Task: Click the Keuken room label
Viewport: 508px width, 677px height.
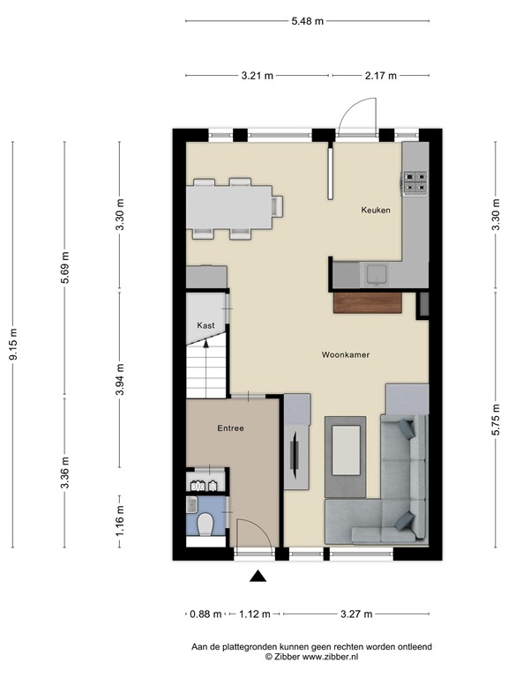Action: tap(375, 211)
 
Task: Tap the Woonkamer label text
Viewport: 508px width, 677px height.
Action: tap(345, 354)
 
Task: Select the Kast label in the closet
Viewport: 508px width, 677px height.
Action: tap(205, 325)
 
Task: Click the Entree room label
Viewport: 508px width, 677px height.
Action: tap(230, 428)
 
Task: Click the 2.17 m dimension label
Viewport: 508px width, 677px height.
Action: tap(380, 76)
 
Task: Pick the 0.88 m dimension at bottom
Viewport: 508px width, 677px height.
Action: tap(200, 614)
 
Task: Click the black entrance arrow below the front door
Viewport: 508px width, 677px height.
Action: tap(258, 577)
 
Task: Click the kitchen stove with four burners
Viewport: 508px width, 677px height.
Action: tap(415, 182)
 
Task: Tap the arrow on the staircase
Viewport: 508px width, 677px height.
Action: tap(205, 351)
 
